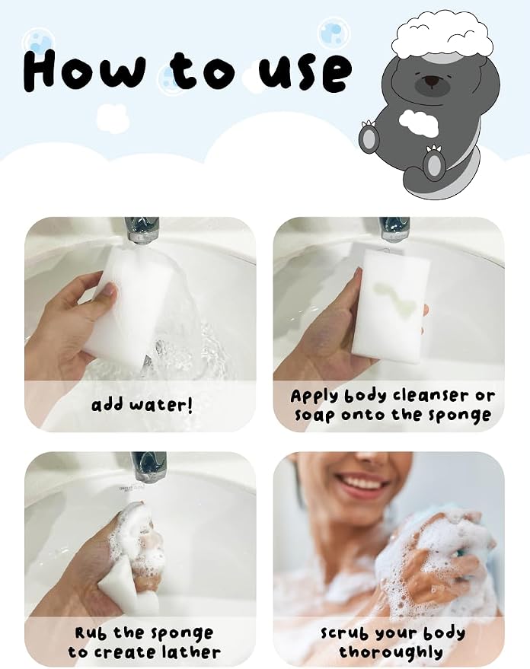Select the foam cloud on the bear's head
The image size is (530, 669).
tap(442, 34)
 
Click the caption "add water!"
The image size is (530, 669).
tap(142, 404)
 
